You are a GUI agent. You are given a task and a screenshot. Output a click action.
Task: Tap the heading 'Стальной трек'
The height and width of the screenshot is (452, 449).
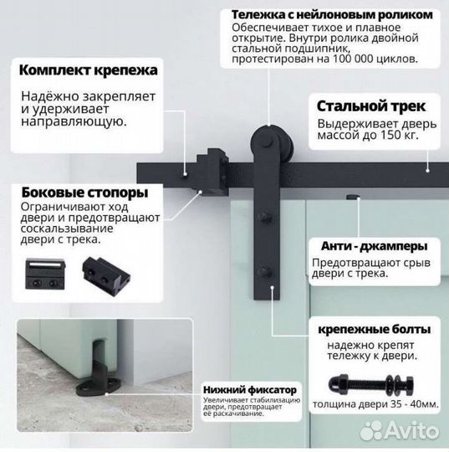[x=370, y=106]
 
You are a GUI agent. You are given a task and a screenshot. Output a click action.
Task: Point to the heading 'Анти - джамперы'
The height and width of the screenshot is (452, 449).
[x=374, y=246]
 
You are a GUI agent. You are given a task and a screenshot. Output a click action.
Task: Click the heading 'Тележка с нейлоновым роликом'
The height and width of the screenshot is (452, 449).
[x=331, y=15]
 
